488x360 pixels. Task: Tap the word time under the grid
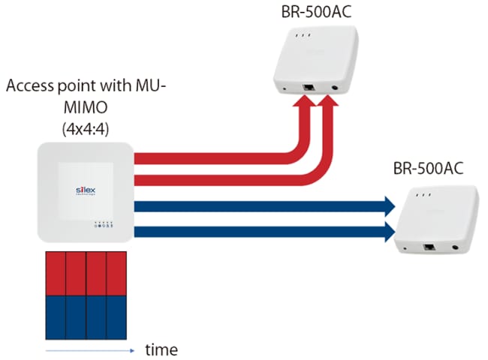point(161,349)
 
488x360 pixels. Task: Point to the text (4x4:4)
point(86,127)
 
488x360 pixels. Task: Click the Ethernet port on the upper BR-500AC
point(307,88)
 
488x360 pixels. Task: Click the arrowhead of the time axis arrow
point(129,349)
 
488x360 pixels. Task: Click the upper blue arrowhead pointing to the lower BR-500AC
point(388,204)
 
